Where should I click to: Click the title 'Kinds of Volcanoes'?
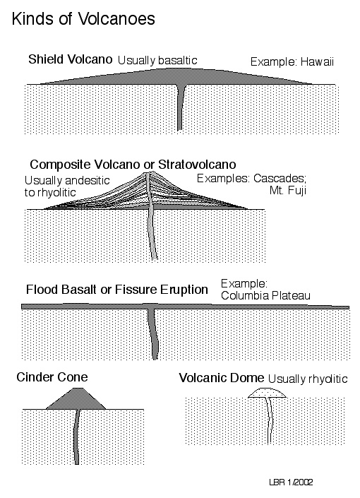(x=83, y=19)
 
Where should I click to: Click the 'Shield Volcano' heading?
(x=70, y=59)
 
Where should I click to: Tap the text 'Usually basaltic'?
(x=157, y=60)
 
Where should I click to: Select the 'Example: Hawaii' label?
(x=292, y=61)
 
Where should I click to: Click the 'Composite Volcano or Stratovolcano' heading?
(x=133, y=165)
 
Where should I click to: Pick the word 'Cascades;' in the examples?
(x=280, y=179)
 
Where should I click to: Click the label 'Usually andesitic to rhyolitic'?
(x=67, y=186)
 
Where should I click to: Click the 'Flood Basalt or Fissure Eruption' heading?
(x=117, y=290)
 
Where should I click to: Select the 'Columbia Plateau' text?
(x=265, y=296)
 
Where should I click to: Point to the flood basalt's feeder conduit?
(x=153, y=333)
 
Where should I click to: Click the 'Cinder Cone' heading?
(x=52, y=377)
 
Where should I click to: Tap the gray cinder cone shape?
(x=76, y=399)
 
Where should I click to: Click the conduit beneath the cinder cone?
(x=76, y=437)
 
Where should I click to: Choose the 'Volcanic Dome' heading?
(x=221, y=378)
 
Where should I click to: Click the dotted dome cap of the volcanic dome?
(x=267, y=393)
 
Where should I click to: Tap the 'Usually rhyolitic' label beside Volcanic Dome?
(x=308, y=379)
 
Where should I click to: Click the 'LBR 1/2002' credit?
(x=291, y=482)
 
